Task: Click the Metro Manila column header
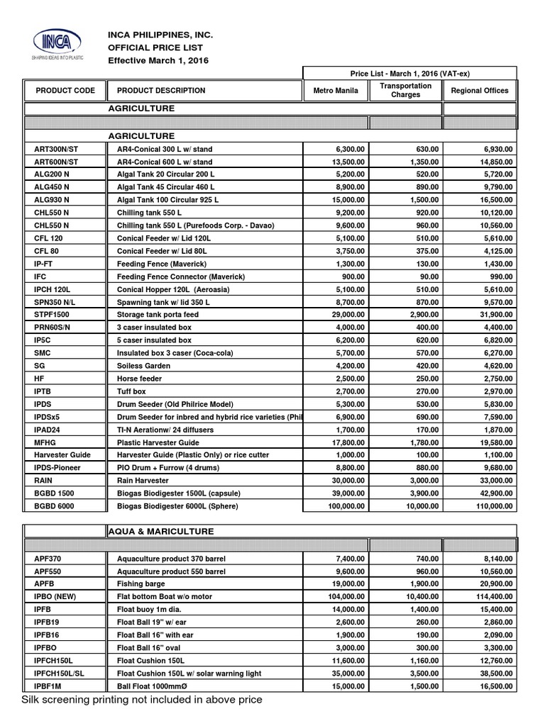click(336, 91)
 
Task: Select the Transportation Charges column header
click(406, 91)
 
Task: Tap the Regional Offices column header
click(480, 91)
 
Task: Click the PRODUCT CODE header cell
click(65, 91)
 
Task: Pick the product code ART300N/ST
click(59, 150)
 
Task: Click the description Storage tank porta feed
click(158, 314)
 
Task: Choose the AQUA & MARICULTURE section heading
click(160, 531)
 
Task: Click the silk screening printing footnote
click(142, 700)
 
